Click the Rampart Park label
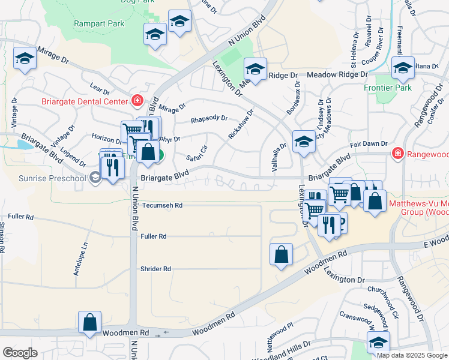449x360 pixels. pyautogui.click(x=98, y=23)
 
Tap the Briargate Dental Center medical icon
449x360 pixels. pyautogui.click(x=137, y=100)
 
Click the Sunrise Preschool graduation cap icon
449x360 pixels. pyautogui.click(x=94, y=177)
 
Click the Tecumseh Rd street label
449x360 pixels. pyautogui.click(x=162, y=205)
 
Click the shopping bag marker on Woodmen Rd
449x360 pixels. pyautogui.click(x=89, y=322)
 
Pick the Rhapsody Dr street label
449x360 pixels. pyautogui.click(x=209, y=119)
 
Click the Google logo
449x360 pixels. pyautogui.click(x=20, y=353)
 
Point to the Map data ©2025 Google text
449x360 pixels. pyautogui.click(x=412, y=355)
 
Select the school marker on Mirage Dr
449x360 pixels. pyautogui.click(x=25, y=59)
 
